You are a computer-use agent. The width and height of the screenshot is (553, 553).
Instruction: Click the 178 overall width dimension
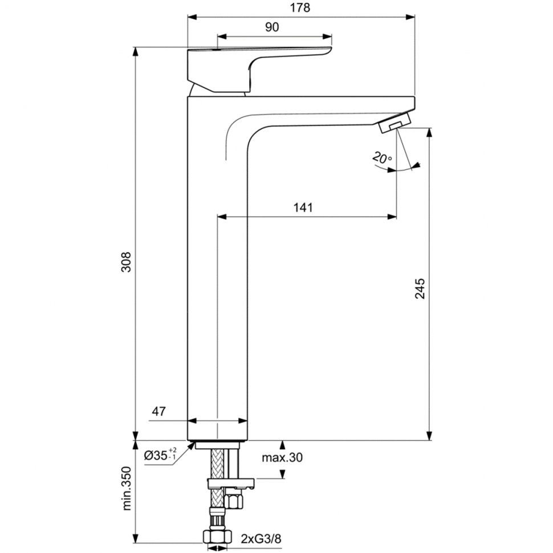300,8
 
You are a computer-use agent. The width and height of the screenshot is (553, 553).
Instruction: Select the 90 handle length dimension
272,27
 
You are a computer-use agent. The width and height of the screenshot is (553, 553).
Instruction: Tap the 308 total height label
126,262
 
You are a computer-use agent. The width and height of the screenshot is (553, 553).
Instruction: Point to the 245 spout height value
420,288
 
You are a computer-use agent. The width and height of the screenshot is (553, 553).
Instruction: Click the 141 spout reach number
303,208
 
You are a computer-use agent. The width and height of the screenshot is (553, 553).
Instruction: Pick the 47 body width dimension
158,411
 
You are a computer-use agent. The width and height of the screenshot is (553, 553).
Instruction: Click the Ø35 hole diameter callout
160,456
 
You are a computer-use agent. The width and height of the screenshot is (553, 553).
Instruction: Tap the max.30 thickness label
282,458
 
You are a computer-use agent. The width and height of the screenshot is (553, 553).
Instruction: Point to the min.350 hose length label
127,488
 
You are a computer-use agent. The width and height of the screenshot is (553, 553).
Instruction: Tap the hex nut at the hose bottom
217,537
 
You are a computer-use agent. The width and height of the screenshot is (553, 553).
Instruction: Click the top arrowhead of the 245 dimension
429,132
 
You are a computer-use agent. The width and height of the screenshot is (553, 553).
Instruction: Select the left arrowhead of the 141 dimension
222,217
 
